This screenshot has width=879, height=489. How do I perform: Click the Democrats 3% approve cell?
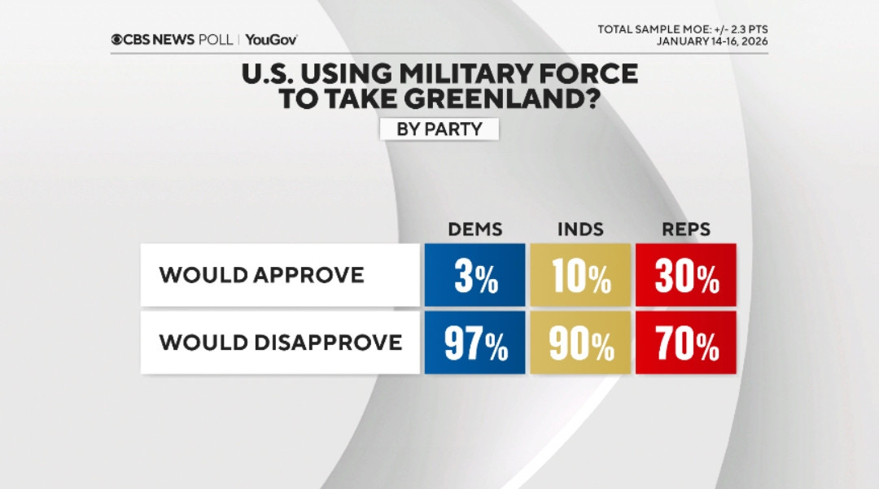(x=474, y=275)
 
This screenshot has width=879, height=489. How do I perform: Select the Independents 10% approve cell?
(x=579, y=275)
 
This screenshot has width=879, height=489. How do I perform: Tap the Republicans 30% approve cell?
(x=686, y=275)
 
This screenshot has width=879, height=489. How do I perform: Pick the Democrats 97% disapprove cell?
(x=474, y=343)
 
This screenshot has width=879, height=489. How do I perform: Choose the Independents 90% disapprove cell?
(x=579, y=343)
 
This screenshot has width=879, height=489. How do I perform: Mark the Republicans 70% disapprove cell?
(x=686, y=343)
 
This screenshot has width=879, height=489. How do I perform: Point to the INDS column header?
(x=580, y=229)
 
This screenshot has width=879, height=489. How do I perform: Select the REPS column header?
(x=686, y=229)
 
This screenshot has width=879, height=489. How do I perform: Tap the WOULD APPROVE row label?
(x=261, y=275)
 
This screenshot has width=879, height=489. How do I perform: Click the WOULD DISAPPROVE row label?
(x=281, y=343)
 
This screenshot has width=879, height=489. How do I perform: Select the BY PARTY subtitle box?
(x=439, y=129)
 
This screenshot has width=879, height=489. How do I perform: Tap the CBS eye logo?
(x=118, y=39)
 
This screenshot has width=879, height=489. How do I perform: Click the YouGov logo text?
(x=271, y=39)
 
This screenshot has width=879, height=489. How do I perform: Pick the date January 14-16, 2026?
(x=712, y=41)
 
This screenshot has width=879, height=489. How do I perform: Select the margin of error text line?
(x=683, y=29)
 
